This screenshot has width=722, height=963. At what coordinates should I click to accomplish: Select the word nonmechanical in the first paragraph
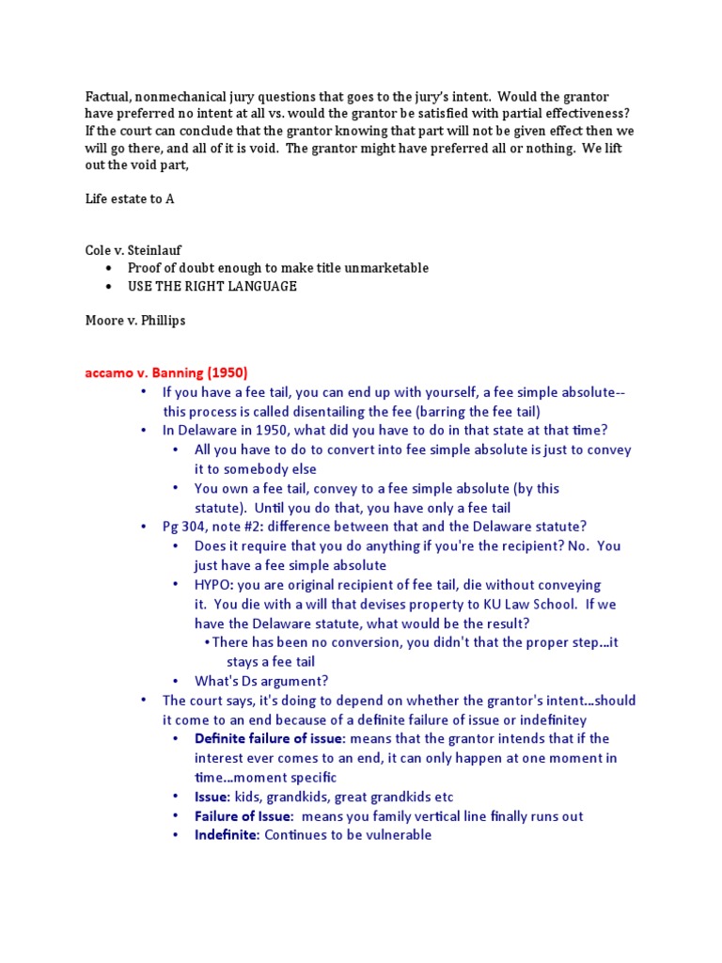[187, 96]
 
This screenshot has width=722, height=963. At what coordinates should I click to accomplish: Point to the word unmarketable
[387, 268]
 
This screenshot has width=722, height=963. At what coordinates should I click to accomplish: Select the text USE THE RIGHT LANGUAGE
[212, 286]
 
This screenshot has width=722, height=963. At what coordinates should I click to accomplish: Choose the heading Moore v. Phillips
[135, 320]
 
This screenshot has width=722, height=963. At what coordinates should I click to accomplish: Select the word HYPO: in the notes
[215, 585]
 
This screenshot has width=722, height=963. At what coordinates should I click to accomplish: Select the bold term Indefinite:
[227, 834]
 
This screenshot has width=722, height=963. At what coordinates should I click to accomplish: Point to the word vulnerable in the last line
[396, 834]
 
